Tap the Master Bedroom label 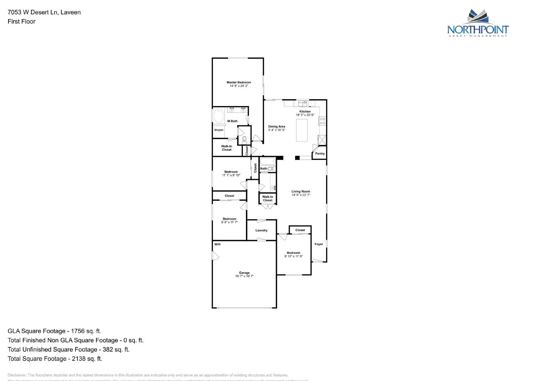coord(239,82)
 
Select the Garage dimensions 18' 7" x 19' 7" coord(244,276)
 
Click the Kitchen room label coord(305,111)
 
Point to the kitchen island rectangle coord(302,130)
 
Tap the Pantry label coord(320,153)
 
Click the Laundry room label coord(261,231)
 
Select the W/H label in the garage coord(217,244)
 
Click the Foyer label coord(319,244)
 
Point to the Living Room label coord(301,192)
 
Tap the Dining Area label coord(277,127)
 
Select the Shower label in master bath coord(219,130)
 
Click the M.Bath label coord(232,121)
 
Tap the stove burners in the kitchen coord(322,121)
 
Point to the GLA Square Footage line coord(54,331)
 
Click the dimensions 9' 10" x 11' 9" coord(293,256)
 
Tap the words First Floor coord(22,22)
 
